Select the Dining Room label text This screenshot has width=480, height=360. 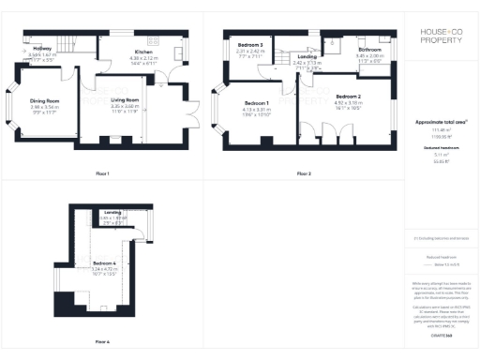click(44, 100)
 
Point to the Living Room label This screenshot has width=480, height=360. click(125, 99)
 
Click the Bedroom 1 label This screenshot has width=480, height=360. click(256, 102)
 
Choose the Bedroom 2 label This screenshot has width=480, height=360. click(348, 97)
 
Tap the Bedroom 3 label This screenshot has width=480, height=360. click(248, 45)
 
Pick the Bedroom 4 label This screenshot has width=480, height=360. click(104, 262)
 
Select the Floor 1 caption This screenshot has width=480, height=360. click(103, 173)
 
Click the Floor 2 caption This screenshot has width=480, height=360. click(304, 173)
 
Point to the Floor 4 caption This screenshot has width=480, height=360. click(103, 342)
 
